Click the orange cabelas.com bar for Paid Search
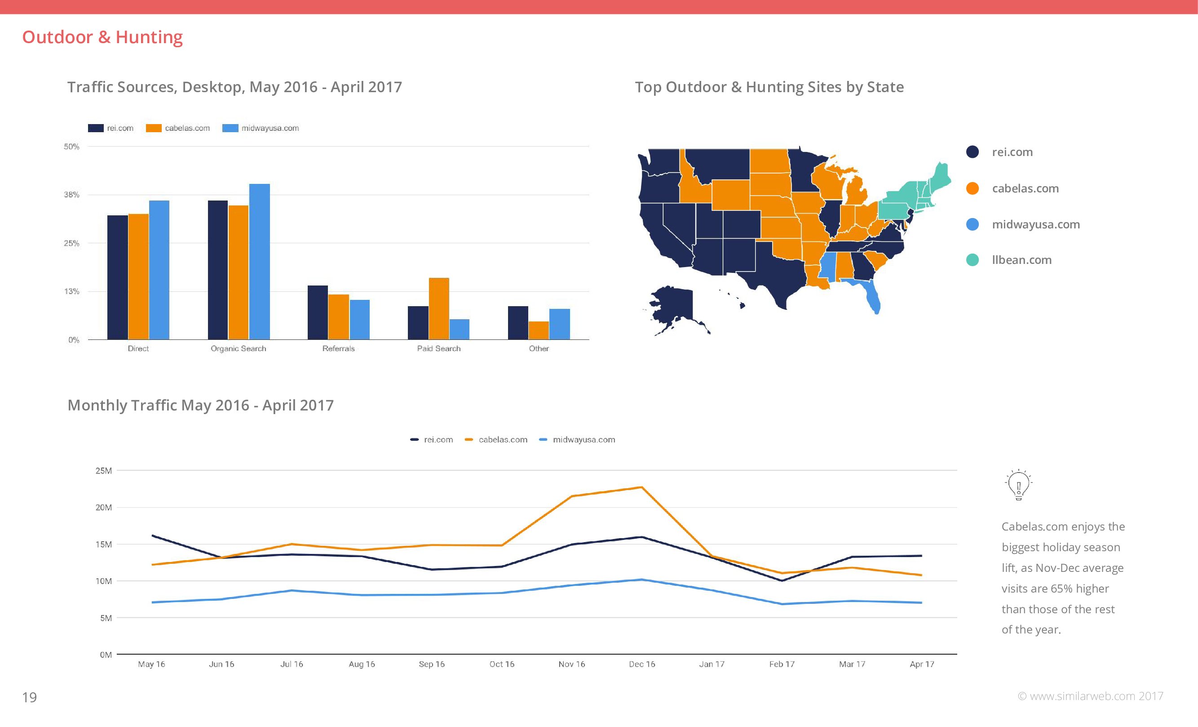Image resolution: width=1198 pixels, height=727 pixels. pos(438,308)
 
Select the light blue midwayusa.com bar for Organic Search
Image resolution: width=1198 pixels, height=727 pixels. pos(259,261)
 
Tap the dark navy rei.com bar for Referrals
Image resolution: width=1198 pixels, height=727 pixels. pos(318,312)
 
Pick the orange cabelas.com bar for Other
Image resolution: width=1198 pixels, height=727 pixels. pos(539,330)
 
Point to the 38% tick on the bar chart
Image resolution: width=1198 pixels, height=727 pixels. pos(71,195)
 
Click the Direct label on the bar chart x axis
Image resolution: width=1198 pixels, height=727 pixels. pos(138,348)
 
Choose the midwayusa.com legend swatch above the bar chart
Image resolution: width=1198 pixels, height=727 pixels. pos(230,128)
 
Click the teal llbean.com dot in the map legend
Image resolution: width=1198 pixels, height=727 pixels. pos(973,260)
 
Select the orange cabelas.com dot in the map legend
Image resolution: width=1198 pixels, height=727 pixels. pos(973,188)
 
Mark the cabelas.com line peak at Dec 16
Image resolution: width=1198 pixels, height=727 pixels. pos(642,487)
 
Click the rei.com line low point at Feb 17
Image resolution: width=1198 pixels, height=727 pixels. pos(782,580)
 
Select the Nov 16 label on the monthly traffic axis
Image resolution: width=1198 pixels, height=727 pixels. pos(572,664)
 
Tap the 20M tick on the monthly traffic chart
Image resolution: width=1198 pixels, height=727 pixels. pos(104,508)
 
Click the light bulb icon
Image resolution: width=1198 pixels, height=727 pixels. pos(1018,485)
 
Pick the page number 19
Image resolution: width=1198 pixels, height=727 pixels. pos(30,697)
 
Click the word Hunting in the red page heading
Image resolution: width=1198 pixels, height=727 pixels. pos(149,37)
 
